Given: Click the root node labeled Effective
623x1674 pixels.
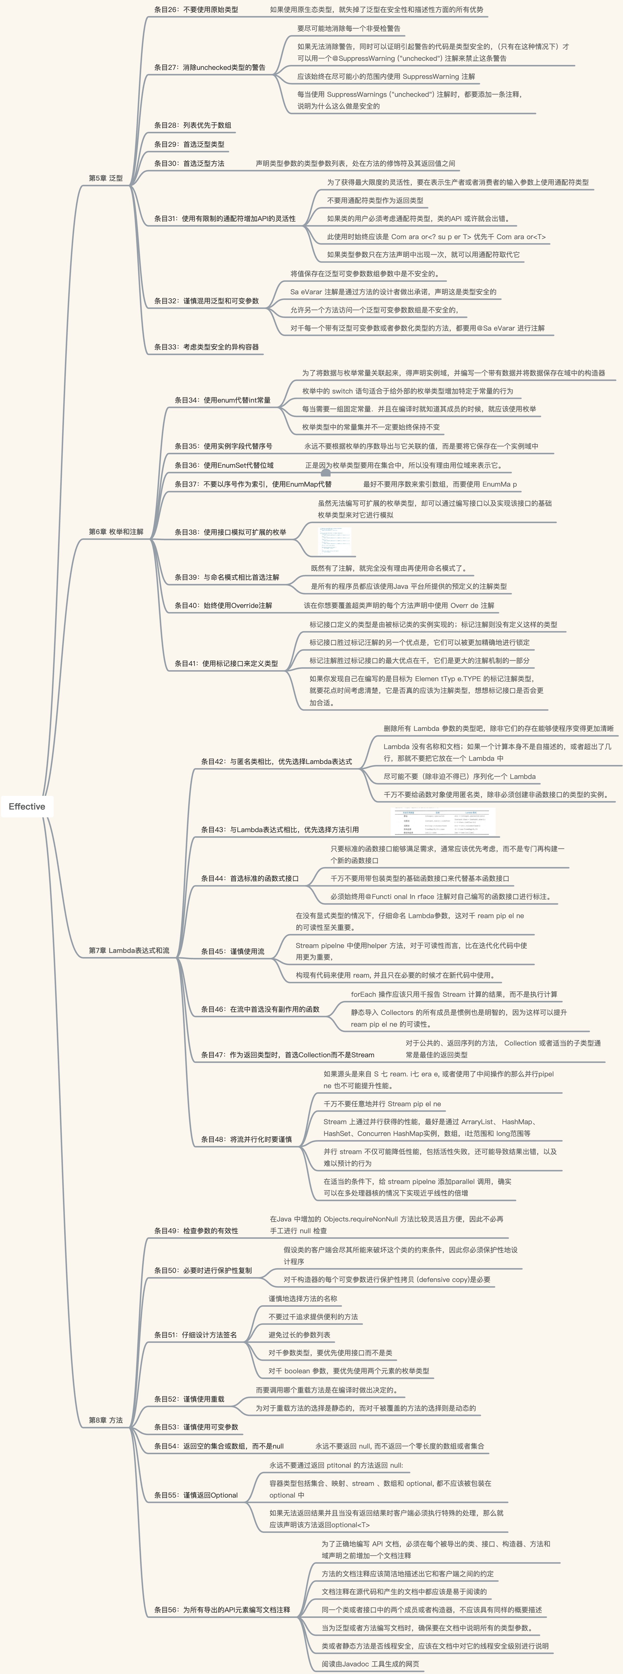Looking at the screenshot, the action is point(27,806).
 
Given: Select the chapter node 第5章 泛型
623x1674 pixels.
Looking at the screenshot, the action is point(106,178).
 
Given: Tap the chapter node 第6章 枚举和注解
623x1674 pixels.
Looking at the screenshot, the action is point(116,531).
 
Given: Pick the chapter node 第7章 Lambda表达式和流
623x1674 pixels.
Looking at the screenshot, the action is point(129,950).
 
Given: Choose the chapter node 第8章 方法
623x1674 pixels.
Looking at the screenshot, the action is point(106,1420).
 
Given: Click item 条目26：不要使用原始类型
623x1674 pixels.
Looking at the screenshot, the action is point(196,10).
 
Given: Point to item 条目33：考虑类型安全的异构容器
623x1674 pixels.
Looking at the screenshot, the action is point(207,347).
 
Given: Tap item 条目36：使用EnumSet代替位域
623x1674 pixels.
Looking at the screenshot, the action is point(224,465).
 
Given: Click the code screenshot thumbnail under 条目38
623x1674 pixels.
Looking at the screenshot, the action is point(335,541).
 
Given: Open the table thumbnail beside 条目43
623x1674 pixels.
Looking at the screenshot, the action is point(444,822).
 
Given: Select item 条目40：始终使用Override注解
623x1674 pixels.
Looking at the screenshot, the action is point(224,606).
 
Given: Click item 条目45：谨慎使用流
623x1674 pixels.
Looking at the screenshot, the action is point(233,951).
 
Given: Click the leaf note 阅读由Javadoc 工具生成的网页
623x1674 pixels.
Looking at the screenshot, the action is point(371,1664).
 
